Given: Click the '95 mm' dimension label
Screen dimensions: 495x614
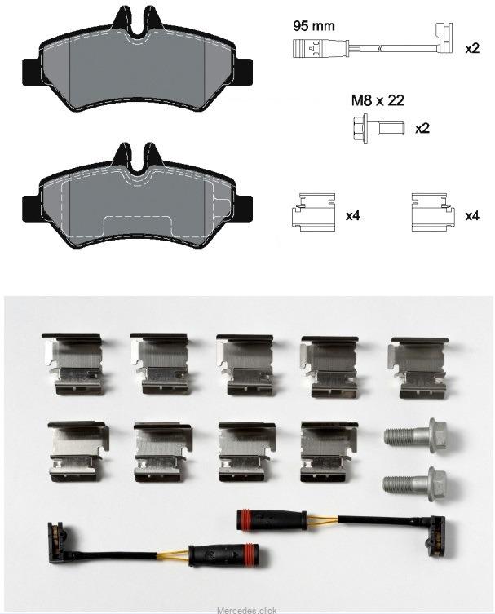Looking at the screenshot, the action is [x=314, y=26].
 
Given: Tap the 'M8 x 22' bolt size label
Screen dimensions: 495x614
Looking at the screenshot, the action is [x=378, y=100].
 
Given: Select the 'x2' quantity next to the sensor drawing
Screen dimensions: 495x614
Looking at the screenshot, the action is [x=472, y=49].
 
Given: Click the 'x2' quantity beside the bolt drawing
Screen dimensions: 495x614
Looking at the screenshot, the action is [x=422, y=128].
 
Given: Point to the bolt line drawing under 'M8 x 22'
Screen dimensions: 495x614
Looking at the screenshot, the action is [x=378, y=128].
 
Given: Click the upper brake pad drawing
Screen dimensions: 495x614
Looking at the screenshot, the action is [x=137, y=60].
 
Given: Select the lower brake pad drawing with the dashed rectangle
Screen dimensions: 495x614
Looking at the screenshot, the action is [x=137, y=196].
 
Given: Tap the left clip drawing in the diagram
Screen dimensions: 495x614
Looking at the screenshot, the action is [x=314, y=212].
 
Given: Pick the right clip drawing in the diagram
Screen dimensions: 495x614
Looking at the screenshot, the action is [x=433, y=212].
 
